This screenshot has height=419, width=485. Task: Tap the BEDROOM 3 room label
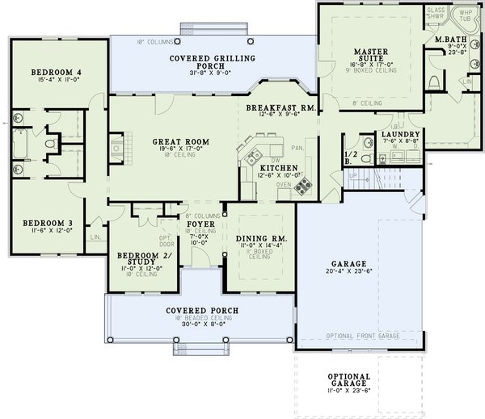[x=42, y=222]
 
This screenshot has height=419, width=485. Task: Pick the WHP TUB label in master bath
[x=465, y=14]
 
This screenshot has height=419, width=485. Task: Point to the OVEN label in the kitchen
[x=283, y=183]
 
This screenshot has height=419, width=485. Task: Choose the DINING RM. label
[x=258, y=239]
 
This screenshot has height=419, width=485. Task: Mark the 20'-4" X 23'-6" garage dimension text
[x=349, y=272]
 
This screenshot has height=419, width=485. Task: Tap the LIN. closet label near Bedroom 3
[x=95, y=237]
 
